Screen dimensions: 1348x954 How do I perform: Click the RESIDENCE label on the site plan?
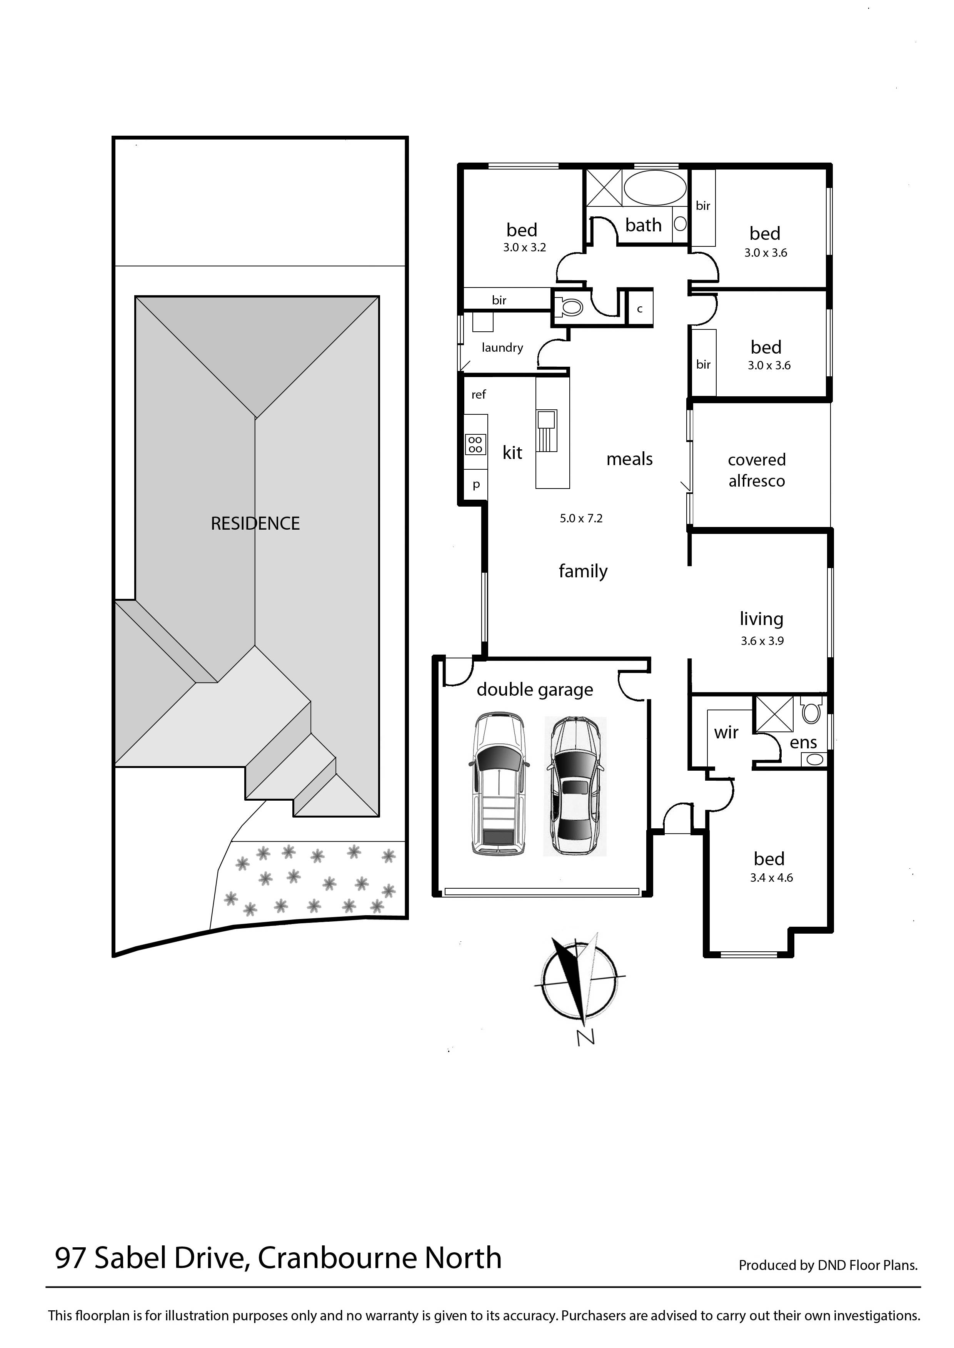(x=255, y=523)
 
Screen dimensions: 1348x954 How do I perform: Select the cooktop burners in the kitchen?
(x=475, y=444)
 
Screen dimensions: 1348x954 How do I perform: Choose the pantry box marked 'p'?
(x=476, y=485)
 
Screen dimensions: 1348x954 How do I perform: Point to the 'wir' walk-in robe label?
(x=726, y=732)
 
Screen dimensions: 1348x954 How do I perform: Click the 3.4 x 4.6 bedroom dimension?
(x=771, y=878)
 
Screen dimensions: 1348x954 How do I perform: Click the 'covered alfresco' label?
(x=757, y=470)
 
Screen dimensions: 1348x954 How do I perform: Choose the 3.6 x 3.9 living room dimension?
(x=762, y=641)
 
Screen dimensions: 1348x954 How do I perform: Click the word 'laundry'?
(x=502, y=347)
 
